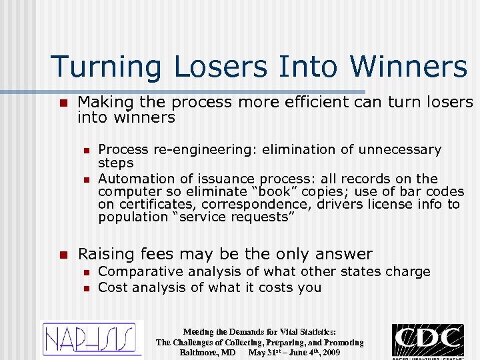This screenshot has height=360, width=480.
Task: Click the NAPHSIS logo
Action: pyautogui.click(x=93, y=339)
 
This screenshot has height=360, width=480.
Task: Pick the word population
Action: pyautogui.click(x=131, y=217)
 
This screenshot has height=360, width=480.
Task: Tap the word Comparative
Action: pyautogui.click(x=140, y=271)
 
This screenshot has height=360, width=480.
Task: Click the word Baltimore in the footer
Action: pyautogui.click(x=203, y=352)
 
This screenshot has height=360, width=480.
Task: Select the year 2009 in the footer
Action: pyautogui.click(x=329, y=352)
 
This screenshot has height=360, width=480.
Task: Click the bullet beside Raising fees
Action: pyautogui.click(x=63, y=254)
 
